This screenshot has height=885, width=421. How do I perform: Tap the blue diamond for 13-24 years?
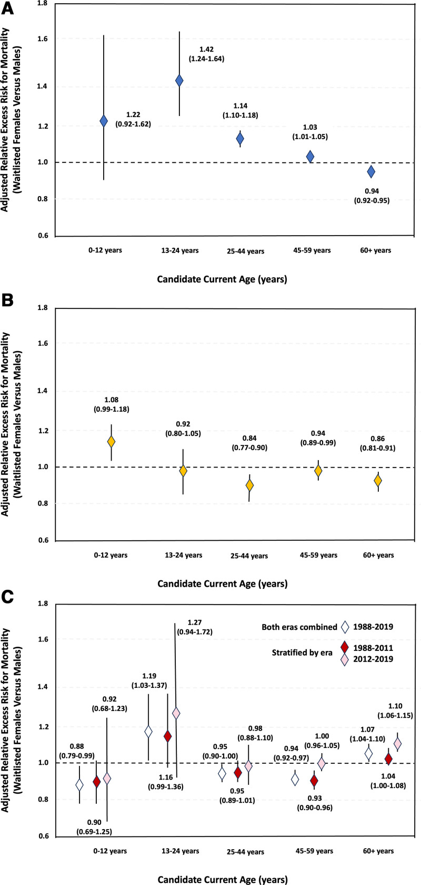179,81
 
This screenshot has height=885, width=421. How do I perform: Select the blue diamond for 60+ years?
371,172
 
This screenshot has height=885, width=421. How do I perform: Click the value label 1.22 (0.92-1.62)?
138,120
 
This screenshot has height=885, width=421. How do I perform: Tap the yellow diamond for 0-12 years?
111,442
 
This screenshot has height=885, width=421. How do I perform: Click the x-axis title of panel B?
222,583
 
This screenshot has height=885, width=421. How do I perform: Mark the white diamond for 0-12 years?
79,785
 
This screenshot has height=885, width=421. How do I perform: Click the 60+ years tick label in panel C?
378,851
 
